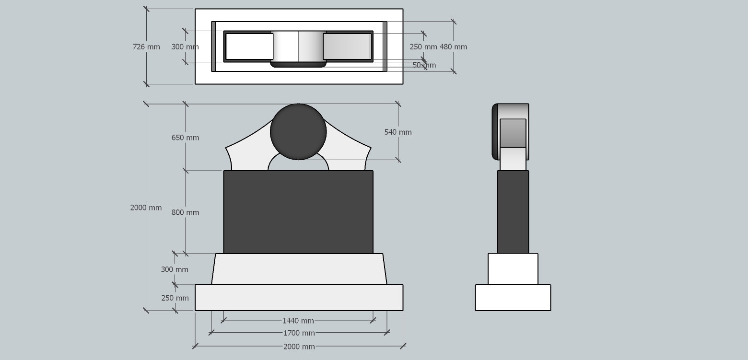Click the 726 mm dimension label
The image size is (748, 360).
(x=146, y=47)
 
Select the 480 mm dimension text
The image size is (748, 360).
(x=453, y=47)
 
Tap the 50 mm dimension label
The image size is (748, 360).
(x=424, y=65)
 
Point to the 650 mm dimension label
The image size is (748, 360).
(x=186, y=138)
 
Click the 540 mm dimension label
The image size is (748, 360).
(x=398, y=132)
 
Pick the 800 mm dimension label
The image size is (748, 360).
(x=186, y=212)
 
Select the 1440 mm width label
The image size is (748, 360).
(x=298, y=321)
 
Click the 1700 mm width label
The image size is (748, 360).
(x=299, y=333)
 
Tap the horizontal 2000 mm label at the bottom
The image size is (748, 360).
(x=299, y=347)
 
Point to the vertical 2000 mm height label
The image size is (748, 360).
(x=146, y=208)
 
